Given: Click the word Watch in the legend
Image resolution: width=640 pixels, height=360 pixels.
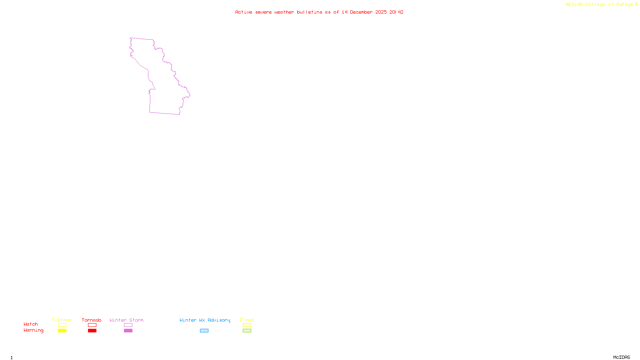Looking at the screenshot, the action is click(31, 324).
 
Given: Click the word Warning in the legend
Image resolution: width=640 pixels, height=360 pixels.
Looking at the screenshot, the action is click(33, 330).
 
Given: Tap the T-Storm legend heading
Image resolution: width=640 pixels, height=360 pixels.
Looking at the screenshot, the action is click(62, 320).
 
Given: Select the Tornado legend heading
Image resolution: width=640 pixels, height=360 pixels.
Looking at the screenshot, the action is click(92, 320).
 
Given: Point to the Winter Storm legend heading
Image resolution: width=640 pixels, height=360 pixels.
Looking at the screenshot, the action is click(126, 320).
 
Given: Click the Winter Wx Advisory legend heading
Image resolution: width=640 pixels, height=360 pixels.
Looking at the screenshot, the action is click(205, 320).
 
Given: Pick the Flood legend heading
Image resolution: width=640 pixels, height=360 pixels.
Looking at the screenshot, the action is click(247, 320).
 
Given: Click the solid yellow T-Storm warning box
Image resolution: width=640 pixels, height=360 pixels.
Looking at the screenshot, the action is click(62, 331).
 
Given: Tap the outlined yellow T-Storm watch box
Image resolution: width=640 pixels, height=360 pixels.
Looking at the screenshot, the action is click(62, 325).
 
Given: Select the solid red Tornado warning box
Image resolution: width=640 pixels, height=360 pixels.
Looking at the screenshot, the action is click(92, 331).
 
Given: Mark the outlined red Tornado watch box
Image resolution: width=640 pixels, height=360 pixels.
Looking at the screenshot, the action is click(92, 325).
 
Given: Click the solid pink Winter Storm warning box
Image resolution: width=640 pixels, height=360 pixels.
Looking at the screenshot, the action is click(128, 331).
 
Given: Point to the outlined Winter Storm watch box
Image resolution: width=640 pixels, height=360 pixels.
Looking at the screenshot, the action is click(128, 325).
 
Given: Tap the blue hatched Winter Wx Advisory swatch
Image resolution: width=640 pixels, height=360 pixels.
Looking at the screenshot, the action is click(204, 331).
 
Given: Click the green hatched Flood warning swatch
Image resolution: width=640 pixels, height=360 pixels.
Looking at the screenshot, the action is click(247, 331).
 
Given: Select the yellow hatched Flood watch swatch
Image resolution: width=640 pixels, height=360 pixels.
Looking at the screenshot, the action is click(247, 325).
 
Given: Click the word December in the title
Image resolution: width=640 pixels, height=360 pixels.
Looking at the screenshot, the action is click(361, 12).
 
